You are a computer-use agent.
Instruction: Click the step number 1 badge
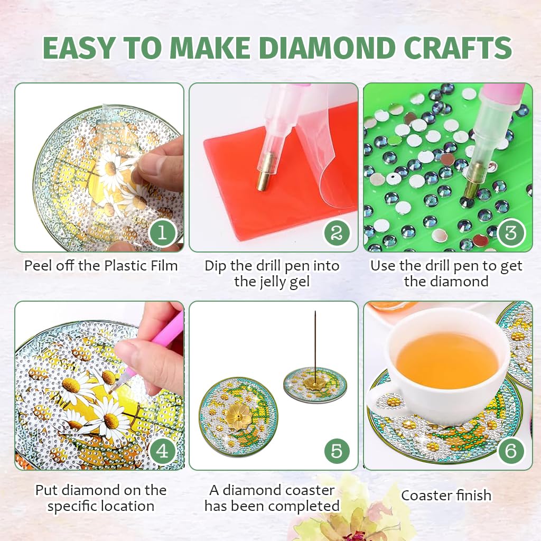coord(162,232)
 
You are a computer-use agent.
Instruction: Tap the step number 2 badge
coord(337,232)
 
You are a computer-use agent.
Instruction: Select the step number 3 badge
coord(510,232)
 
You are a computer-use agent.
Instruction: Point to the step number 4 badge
coord(162,451)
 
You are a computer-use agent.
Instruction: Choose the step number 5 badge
coord(337,451)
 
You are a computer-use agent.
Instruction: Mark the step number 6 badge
coord(510,451)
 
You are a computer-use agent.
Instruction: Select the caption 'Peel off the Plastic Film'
coord(100,265)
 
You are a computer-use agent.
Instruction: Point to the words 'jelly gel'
coord(272,282)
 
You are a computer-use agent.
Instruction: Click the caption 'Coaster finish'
coord(446,496)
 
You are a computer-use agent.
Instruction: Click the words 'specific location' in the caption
coord(100,506)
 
